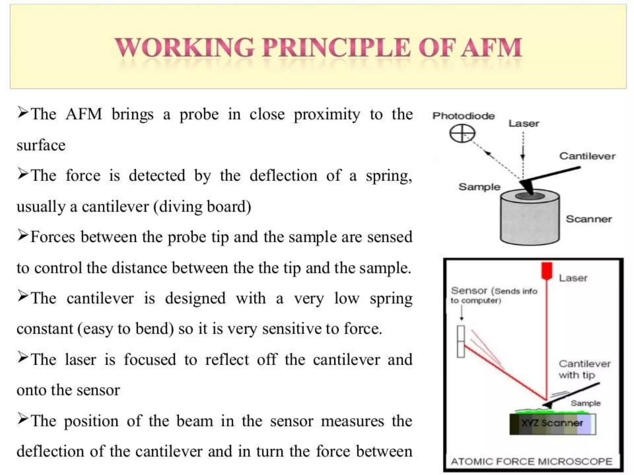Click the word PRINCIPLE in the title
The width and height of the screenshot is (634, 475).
click(337, 48)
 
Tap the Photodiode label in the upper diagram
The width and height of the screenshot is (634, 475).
click(463, 116)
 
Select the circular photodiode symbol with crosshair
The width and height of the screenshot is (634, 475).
click(462, 134)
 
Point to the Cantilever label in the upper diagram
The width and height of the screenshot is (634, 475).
click(587, 156)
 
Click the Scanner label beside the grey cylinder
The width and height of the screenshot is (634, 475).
click(589, 219)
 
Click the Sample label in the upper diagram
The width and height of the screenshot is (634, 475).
click(479, 187)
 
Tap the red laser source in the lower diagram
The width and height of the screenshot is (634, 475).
click(547, 270)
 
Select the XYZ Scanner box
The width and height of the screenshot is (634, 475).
click(553, 423)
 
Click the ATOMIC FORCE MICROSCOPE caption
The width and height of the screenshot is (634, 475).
click(532, 462)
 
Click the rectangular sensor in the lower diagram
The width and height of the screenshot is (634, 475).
click(461, 341)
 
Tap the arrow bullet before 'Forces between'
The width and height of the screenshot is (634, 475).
click(23, 236)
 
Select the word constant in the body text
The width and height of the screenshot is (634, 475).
click(44, 329)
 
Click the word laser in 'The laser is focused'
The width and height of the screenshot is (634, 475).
click(80, 360)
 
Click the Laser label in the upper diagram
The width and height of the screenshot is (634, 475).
click(523, 124)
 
